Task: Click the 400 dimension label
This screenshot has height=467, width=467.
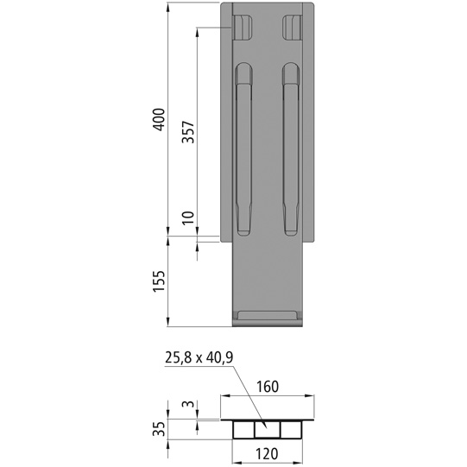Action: coord(157,119)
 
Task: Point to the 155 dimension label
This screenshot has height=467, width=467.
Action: coord(157,281)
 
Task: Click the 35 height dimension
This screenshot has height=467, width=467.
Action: coord(157,429)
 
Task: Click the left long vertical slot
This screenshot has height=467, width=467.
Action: coord(243,151)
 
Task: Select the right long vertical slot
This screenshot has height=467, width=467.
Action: coord(288,151)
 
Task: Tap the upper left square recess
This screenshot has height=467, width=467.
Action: coord(243,28)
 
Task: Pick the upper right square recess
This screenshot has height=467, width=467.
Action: coord(292,28)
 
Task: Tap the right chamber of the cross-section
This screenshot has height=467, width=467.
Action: coord(289,430)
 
